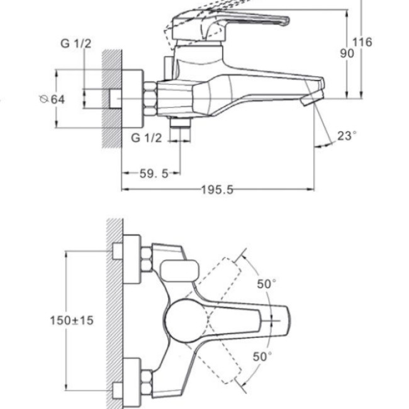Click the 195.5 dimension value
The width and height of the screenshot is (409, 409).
(x=217, y=189)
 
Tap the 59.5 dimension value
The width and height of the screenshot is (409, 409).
(x=154, y=174)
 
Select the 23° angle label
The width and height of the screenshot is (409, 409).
(x=347, y=136)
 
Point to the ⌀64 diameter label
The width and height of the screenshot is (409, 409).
(x=52, y=99)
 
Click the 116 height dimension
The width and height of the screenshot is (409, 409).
(x=362, y=42)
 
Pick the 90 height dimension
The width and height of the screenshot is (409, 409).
(x=347, y=53)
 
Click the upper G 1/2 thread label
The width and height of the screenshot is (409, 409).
(x=76, y=43)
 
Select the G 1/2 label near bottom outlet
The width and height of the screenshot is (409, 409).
(x=147, y=138)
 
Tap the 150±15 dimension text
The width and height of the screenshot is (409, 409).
(x=72, y=320)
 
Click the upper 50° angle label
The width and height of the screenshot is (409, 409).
(x=266, y=284)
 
